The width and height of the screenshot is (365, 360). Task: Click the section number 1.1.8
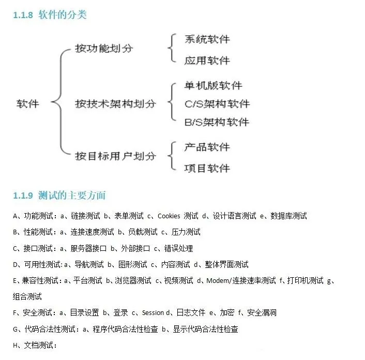23,15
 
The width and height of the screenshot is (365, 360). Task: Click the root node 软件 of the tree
28,103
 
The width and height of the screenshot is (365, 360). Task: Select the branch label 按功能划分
104,49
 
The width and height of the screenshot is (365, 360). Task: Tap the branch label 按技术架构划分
115,103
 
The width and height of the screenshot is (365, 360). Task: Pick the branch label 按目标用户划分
115,156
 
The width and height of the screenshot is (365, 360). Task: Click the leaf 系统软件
207,39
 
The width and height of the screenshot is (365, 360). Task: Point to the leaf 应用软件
207,61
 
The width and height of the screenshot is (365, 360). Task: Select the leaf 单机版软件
213,85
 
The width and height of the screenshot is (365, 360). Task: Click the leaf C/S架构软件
217,103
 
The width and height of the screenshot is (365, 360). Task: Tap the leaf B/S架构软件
217,122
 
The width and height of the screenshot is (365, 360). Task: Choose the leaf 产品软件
207,147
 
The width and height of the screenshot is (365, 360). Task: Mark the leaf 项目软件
207,168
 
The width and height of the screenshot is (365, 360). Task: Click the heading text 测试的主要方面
72,196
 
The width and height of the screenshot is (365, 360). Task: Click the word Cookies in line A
169,216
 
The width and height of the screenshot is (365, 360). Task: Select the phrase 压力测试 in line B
186,232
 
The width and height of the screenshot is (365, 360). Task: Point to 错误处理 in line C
178,248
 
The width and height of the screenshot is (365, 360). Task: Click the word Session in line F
153,313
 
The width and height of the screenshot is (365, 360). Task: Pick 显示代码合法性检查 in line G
205,329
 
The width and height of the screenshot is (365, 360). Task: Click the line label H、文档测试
35,345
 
